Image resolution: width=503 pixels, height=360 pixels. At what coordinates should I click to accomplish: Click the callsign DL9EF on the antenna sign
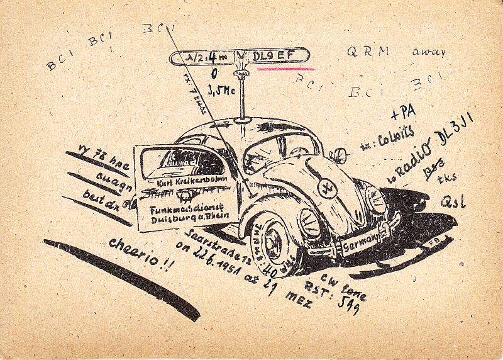(x=273, y=56)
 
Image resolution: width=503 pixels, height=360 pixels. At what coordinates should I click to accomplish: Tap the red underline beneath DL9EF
(x=285, y=68)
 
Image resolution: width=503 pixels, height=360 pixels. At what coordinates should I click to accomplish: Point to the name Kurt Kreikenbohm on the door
(x=182, y=183)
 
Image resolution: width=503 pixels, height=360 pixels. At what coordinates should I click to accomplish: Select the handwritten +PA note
(x=403, y=113)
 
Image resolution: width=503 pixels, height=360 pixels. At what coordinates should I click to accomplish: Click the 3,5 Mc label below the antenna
(x=221, y=92)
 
